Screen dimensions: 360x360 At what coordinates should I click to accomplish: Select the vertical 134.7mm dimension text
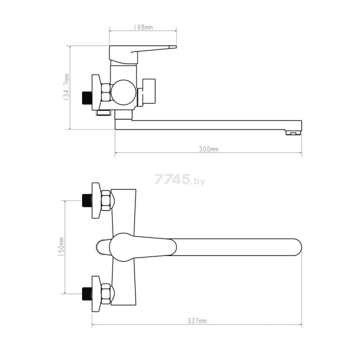pos(66,88)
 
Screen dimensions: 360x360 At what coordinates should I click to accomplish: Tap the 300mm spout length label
pos(209,150)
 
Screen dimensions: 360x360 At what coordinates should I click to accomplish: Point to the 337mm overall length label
pos(197,321)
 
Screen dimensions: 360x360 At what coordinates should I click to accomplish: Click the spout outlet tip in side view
pos(293,133)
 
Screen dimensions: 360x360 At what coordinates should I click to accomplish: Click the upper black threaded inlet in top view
pos(87,201)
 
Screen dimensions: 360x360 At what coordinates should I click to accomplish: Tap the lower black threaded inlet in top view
pos(87,292)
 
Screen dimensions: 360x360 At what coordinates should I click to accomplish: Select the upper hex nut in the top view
pos(103,201)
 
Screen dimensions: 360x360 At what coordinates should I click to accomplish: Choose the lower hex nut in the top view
pos(103,292)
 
